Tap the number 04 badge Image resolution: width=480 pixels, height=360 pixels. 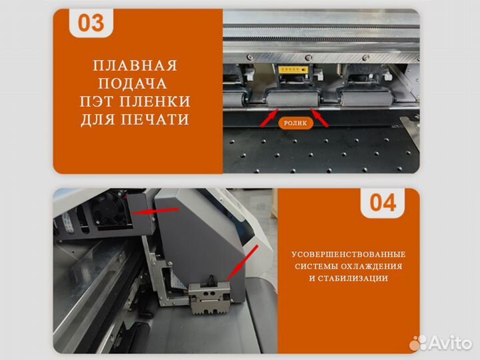383,203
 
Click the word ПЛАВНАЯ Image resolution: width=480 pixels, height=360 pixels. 135,65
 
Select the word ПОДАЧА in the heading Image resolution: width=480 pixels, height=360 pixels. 135,83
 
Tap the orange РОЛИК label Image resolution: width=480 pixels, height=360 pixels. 295,123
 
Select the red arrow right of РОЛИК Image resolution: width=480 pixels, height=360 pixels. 321,119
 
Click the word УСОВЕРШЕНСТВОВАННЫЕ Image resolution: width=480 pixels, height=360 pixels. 348,255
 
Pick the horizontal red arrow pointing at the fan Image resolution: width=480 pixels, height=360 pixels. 156,211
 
